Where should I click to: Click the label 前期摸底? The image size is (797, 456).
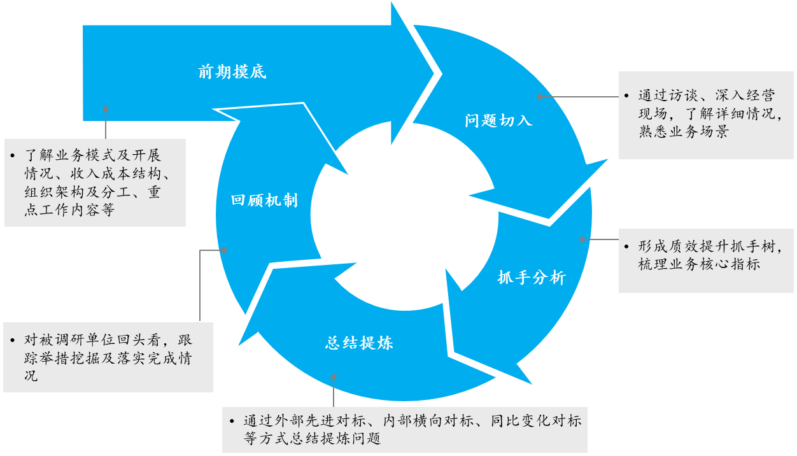pyautogui.click(x=232, y=72)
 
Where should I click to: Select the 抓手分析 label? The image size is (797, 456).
pyautogui.click(x=531, y=277)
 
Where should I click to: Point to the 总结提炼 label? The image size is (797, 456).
pyautogui.click(x=359, y=343)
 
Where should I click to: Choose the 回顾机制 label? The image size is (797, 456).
pyautogui.click(x=264, y=200)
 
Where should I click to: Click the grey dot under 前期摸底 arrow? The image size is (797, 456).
pyautogui.click(x=106, y=109)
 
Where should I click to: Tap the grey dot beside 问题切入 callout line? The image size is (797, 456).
pyautogui.click(x=540, y=97)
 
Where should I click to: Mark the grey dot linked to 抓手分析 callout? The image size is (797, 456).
pyautogui.click(x=582, y=239)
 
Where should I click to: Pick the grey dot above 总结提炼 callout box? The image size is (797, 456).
pyautogui.click(x=334, y=376)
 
